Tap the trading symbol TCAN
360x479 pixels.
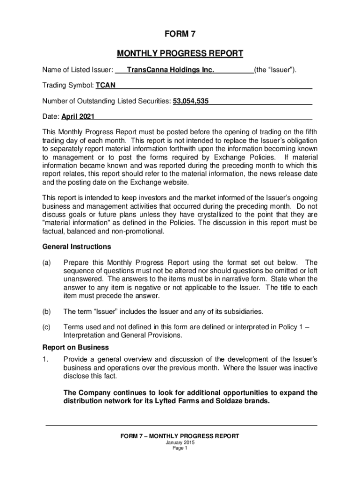pyautogui.click(x=106, y=85)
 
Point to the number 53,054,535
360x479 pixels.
pyautogui.click(x=191, y=101)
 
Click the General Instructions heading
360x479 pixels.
pyautogui.click(x=77, y=247)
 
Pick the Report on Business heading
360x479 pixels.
pyautogui.click(x=76, y=348)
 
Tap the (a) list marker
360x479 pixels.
pyautogui.click(x=47, y=262)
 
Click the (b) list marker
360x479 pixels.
pyautogui.click(x=47, y=312)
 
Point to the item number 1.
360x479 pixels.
pyautogui.click(x=45, y=359)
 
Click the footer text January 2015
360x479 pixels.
pyautogui.click(x=180, y=443)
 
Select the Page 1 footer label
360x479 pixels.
pyautogui.click(x=180, y=448)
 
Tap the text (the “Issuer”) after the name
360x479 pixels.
pyautogui.click(x=275, y=70)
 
